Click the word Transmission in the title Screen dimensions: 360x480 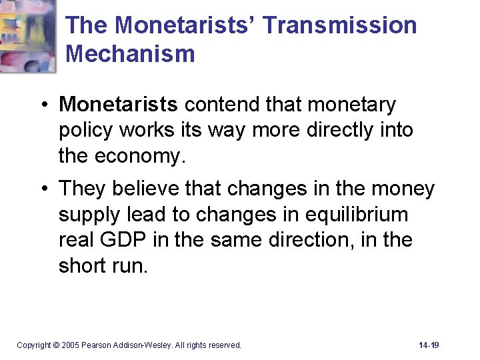tap(340, 26)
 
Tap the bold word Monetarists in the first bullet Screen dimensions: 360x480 tap(119, 105)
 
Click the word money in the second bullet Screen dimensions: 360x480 tap(403, 189)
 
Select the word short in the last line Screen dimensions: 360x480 tap(84, 265)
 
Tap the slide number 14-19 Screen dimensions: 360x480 tap(429, 345)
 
